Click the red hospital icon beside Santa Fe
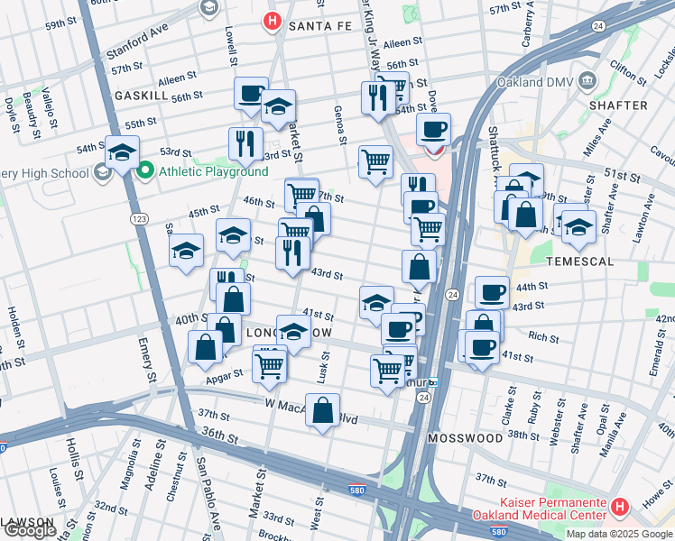(270, 21)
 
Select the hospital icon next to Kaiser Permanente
(619, 508)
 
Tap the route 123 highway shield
(139, 219)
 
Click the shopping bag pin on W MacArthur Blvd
(322, 410)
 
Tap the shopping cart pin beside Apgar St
(269, 366)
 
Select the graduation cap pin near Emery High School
(121, 152)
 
